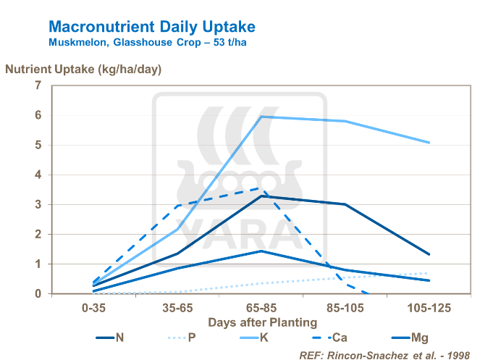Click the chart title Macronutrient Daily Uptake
[x=151, y=27]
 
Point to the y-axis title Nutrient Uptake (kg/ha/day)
[x=84, y=70]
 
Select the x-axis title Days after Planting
[x=263, y=322]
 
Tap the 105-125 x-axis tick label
[x=430, y=307]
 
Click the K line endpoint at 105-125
[x=430, y=143]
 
